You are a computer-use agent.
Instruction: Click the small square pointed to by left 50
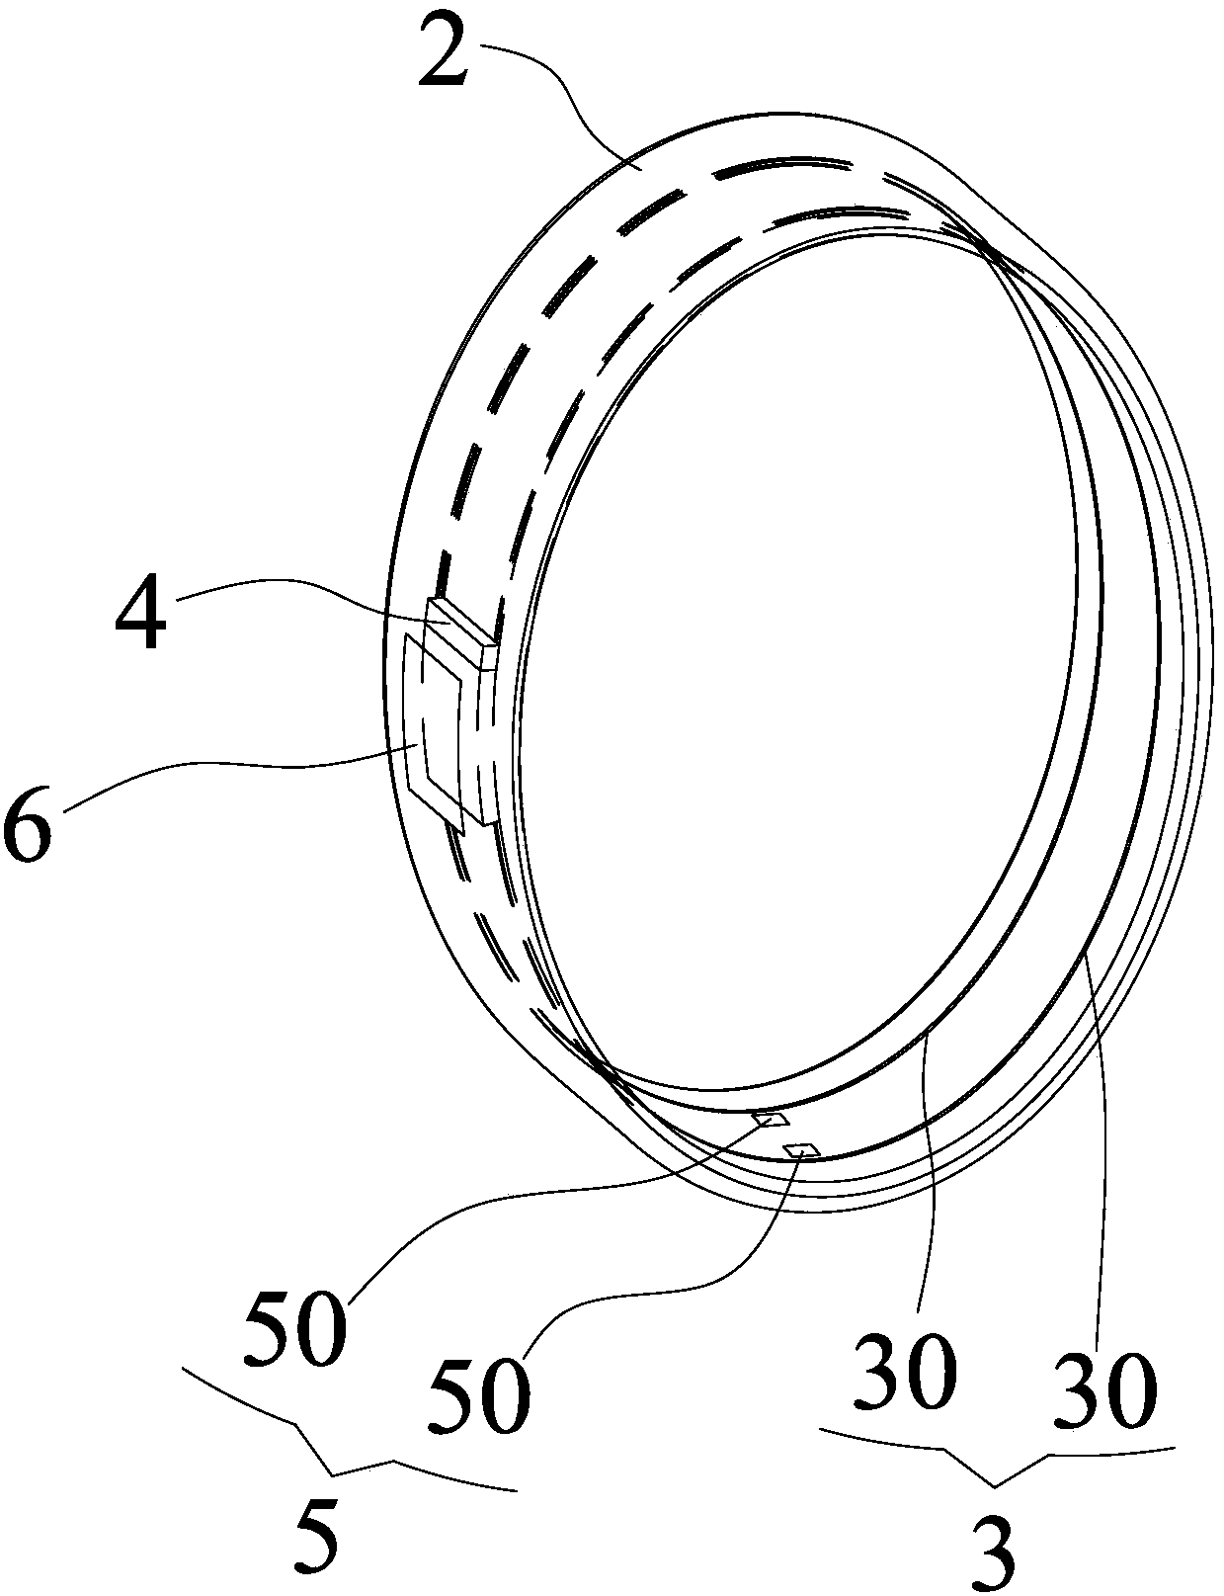coord(771,1119)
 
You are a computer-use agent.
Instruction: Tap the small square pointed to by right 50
coord(801,1149)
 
